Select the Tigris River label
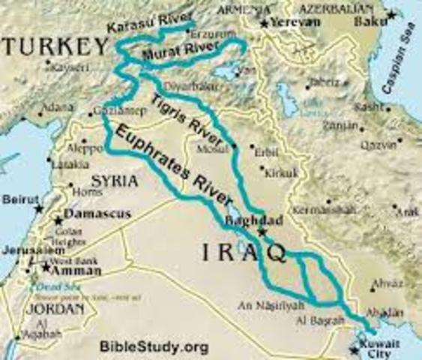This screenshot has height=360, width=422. (187, 120)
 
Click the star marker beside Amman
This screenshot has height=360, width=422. (46, 267)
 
